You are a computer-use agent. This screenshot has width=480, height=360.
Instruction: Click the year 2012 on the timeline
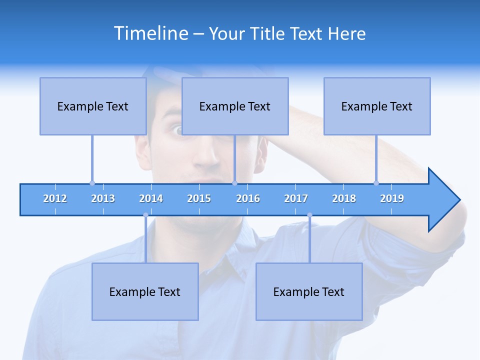click(55, 198)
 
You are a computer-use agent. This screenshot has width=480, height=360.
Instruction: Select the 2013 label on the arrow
click(103, 198)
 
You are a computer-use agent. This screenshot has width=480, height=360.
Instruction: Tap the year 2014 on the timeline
click(151, 198)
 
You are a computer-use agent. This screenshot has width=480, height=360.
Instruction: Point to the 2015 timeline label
click(199, 198)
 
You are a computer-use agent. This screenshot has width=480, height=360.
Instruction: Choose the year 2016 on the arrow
click(248, 198)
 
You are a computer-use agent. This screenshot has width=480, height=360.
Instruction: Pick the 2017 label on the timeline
click(296, 198)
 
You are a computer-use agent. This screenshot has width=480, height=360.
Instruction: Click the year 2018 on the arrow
click(344, 198)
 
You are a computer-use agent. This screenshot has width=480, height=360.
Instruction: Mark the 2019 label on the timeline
click(392, 198)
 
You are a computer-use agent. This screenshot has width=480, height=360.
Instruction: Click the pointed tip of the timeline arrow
click(458, 200)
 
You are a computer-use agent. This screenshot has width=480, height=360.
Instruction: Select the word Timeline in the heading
click(150, 33)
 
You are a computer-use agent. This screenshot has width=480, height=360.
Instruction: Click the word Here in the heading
click(346, 33)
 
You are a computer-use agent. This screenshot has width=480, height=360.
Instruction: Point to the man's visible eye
click(177, 130)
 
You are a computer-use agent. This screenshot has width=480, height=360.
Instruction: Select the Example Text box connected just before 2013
click(93, 106)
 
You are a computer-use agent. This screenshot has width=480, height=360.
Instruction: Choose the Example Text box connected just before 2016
click(235, 106)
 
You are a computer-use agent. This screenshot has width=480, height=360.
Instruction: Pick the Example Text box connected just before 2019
click(377, 106)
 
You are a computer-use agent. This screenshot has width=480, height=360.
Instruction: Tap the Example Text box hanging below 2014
click(145, 291)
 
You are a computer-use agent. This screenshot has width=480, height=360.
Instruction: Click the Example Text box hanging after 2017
click(309, 291)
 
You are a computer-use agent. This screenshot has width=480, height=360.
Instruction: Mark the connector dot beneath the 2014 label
click(145, 215)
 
